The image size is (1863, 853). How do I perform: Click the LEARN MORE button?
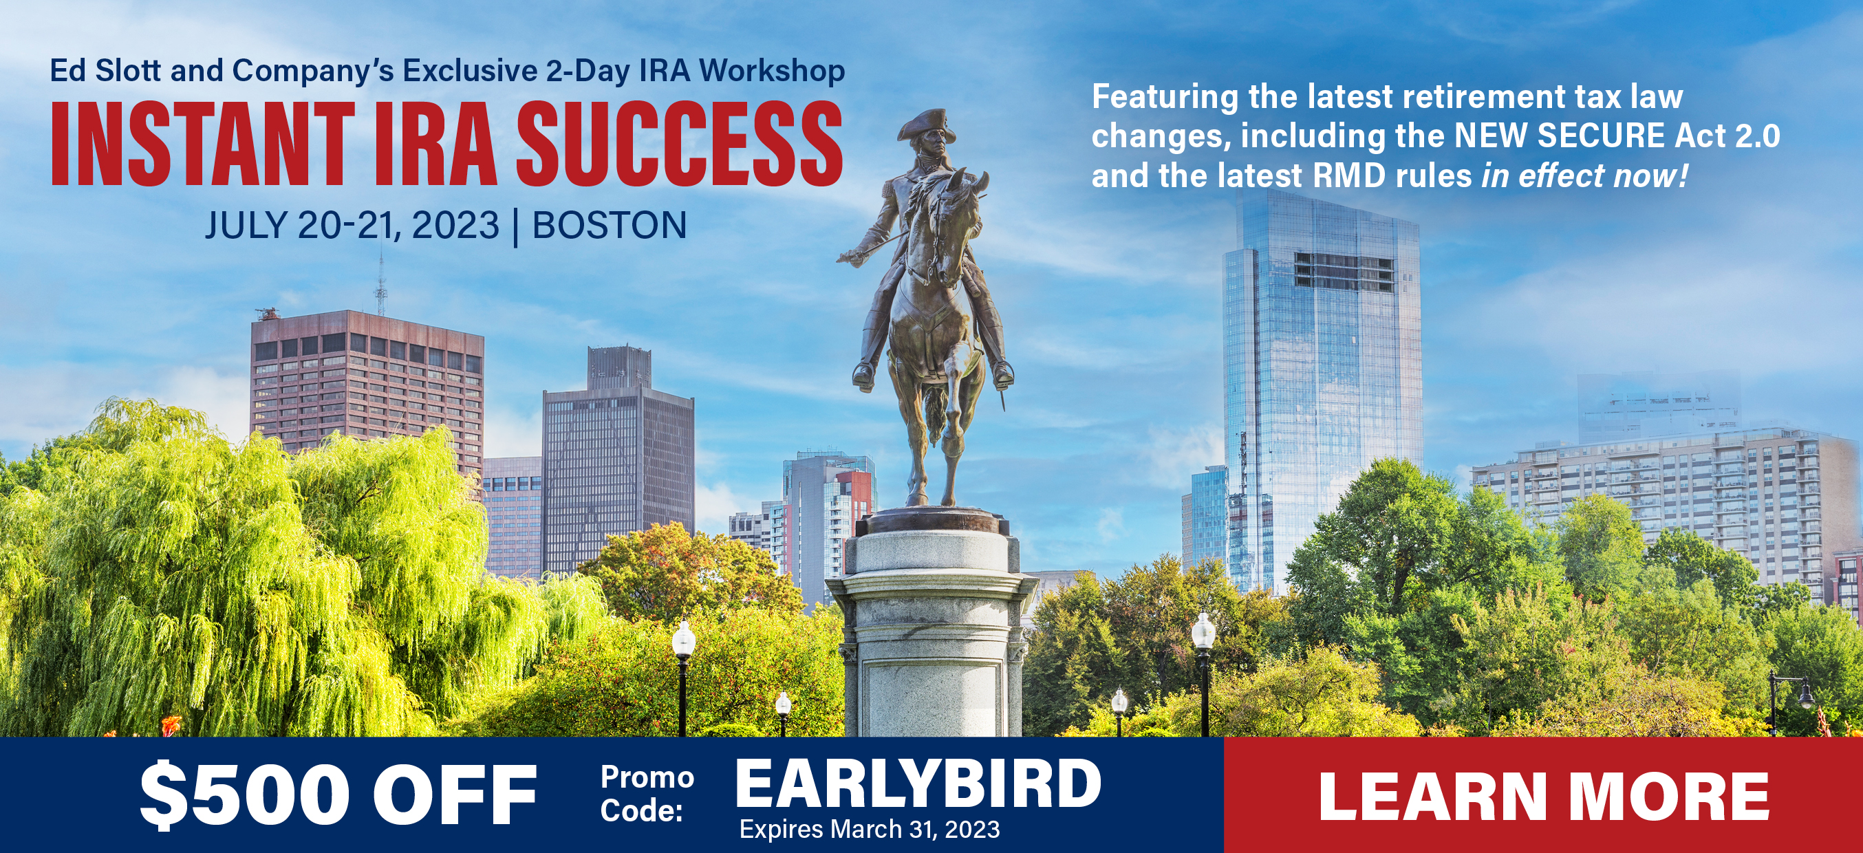pos(1543,795)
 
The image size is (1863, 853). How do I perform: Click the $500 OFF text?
pos(338,795)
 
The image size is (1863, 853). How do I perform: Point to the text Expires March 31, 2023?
pos(870,829)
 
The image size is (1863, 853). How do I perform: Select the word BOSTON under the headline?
pos(609,225)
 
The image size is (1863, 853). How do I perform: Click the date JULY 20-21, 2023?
pos(352,225)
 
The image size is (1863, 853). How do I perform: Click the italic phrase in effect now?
pos(1584,175)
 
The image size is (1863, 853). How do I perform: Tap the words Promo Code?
pos(647,794)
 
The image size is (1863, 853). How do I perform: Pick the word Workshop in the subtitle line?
pos(772,71)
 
